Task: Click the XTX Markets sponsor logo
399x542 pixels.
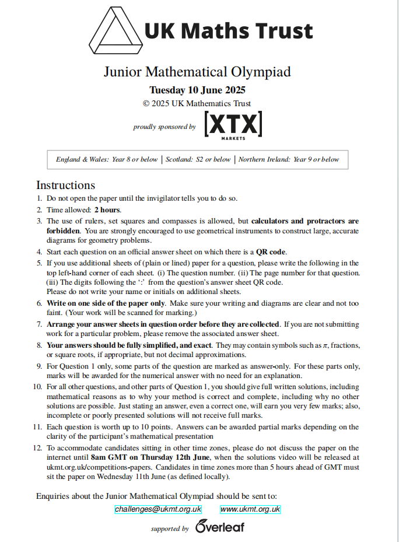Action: point(233,125)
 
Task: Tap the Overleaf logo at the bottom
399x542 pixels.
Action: point(220,527)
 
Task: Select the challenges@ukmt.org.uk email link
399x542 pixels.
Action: point(158,509)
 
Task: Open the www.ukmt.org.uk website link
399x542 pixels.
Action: point(250,509)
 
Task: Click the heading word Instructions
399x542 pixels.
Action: point(65,186)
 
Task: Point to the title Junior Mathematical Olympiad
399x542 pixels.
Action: point(197,72)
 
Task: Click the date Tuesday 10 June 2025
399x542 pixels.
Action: point(197,90)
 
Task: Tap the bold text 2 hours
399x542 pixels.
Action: point(107,210)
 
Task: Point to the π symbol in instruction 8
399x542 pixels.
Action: point(325,345)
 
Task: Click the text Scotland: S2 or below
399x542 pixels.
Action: point(198,159)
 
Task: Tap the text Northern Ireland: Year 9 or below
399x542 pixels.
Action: point(288,159)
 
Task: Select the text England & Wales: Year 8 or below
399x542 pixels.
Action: point(107,159)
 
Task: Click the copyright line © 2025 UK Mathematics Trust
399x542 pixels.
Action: point(197,103)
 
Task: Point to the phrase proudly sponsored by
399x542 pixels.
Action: point(164,127)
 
